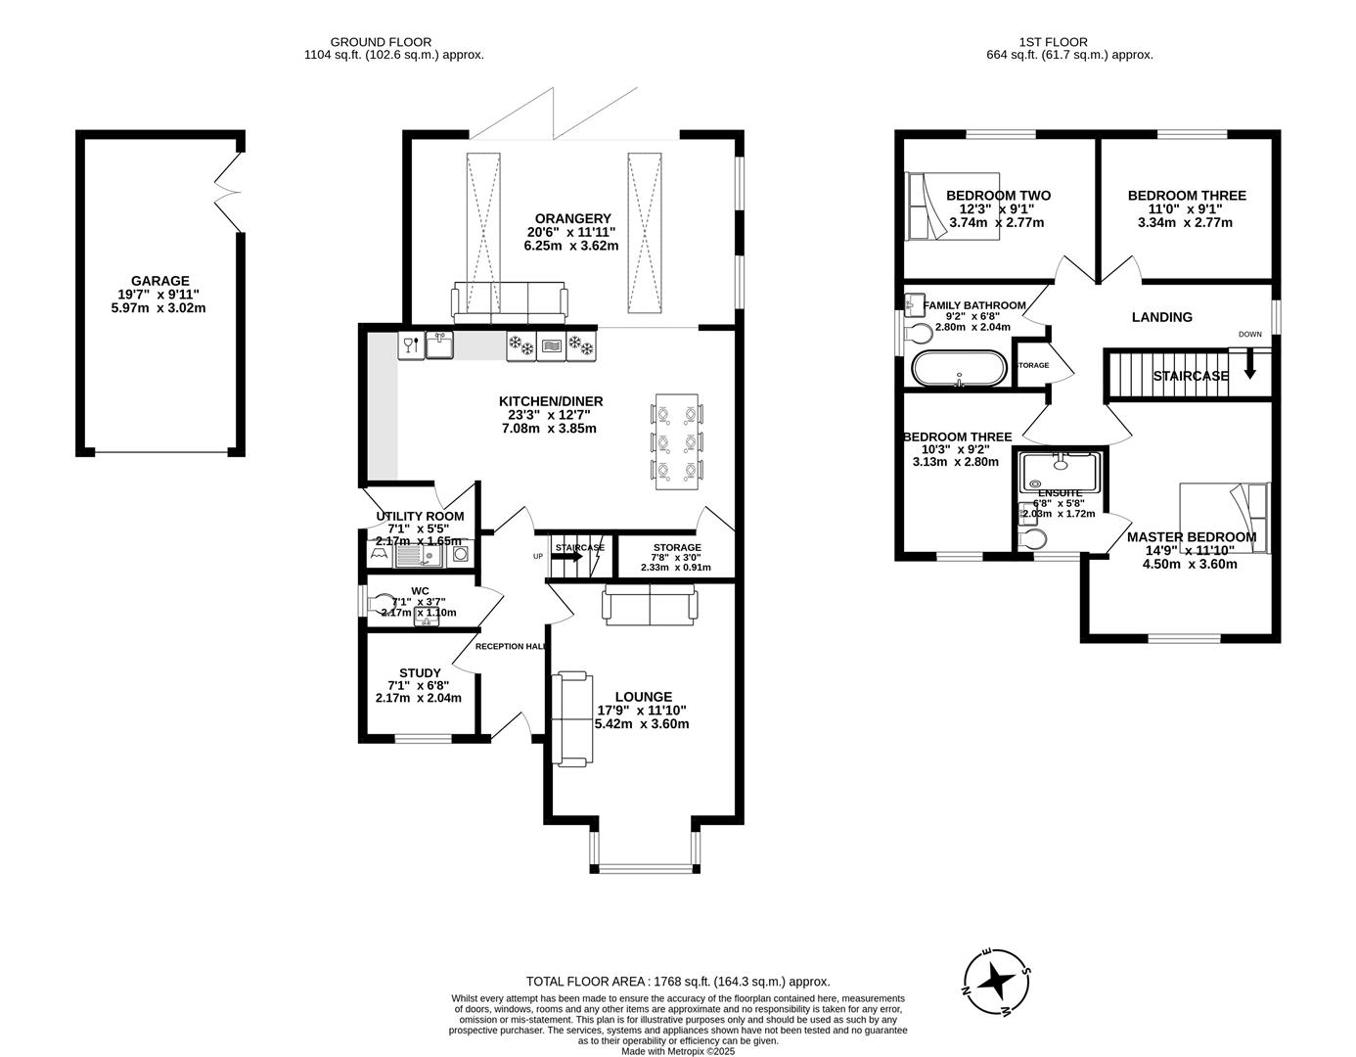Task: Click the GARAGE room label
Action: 160,281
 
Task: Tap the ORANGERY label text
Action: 572,218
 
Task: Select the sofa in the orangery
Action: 509,302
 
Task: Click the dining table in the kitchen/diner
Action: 677,441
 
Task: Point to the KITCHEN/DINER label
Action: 551,401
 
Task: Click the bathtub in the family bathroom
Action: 958,369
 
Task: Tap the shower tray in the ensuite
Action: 1061,472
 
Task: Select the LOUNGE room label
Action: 642,697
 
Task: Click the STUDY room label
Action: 420,672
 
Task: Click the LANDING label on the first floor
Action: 1161,317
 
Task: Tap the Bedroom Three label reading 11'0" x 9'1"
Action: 1186,196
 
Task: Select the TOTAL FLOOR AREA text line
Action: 677,981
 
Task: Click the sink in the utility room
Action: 417,556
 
